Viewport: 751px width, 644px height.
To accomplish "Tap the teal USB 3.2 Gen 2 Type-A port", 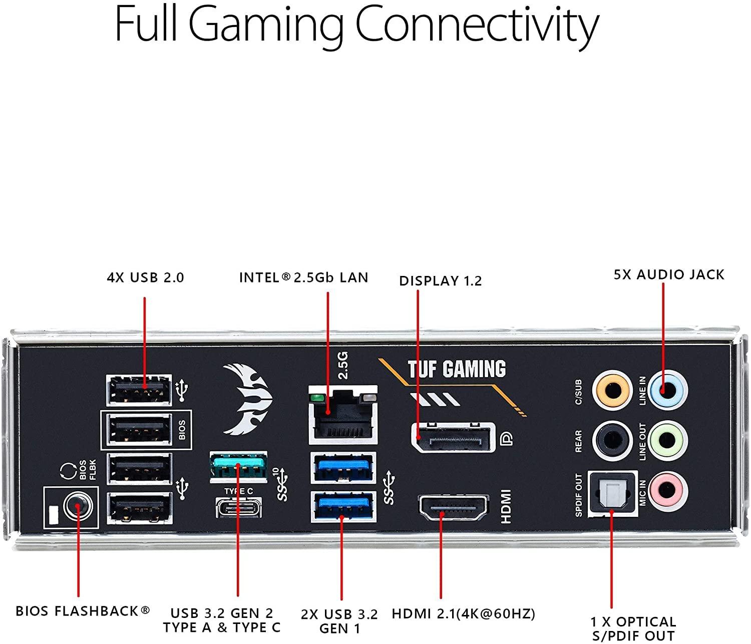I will coord(238,467).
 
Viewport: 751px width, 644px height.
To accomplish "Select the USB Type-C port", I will coord(238,508).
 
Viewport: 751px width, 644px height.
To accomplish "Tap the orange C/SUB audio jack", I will coord(611,389).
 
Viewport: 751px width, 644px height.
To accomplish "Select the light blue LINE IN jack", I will coord(667,389).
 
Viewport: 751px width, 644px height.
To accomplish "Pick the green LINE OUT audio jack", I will coord(667,441).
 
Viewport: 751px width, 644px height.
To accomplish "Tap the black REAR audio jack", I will coord(611,441).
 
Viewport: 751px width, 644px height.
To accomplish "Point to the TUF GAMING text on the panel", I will coord(457,370).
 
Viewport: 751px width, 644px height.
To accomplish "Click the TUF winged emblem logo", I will coord(247,398).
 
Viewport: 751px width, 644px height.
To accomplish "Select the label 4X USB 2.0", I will coord(145,277).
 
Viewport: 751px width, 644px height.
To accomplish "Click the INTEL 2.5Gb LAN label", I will coord(303,277).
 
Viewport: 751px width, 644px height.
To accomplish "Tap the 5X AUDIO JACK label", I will coord(669,274).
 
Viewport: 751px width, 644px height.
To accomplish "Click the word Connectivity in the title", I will coord(477,26).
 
